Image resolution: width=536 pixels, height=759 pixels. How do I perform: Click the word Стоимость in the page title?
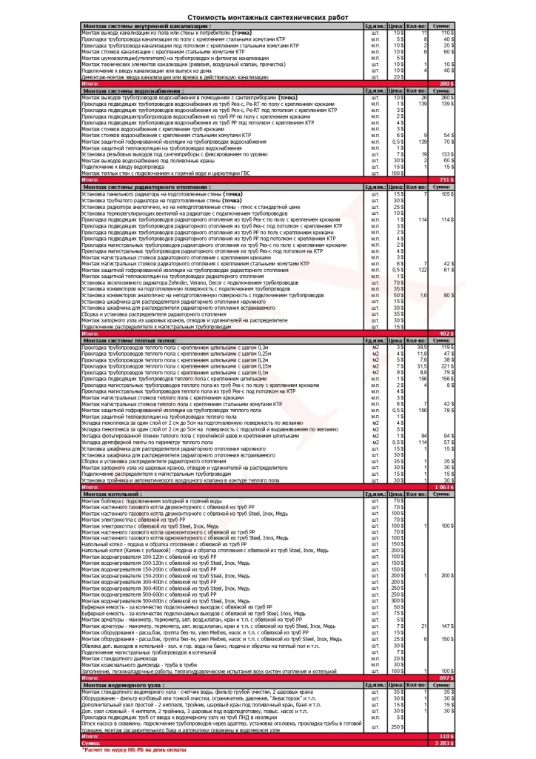tap(204, 16)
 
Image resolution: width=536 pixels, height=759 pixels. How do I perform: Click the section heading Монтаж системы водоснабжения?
tap(133, 90)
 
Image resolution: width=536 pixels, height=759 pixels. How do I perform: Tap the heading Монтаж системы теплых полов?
tap(129, 339)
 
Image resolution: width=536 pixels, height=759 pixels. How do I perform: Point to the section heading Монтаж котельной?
tap(114, 493)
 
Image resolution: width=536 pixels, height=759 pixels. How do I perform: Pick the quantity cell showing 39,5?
tap(423, 346)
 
